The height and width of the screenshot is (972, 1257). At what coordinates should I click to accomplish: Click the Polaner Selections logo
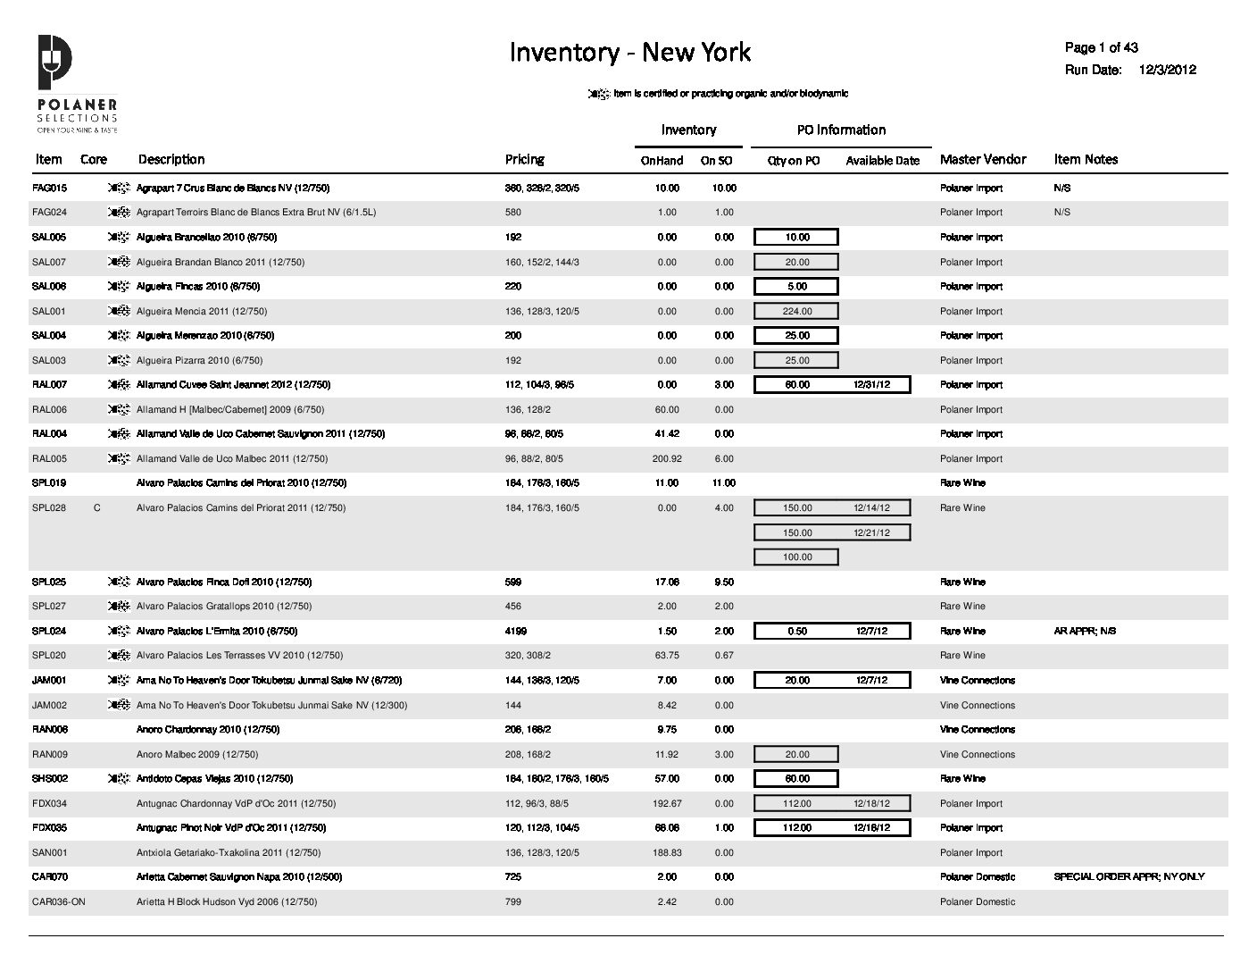(76, 83)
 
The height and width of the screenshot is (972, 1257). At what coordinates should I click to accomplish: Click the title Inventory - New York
(629, 53)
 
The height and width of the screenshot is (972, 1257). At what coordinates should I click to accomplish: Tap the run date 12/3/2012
(1168, 70)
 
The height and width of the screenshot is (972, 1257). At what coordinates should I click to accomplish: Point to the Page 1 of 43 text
(1101, 47)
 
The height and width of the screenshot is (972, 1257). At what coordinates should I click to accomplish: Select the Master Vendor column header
(983, 159)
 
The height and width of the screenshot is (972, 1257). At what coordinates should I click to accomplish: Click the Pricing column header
(524, 159)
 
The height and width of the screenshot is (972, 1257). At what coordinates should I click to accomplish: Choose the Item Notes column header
(1086, 159)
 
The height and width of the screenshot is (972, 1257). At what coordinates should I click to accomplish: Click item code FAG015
(49, 189)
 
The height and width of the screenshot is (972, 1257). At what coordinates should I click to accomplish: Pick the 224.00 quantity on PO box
(797, 312)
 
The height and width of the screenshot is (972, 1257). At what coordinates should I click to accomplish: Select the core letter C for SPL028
(96, 508)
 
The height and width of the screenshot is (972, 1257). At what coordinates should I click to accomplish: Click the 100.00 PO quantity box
(797, 557)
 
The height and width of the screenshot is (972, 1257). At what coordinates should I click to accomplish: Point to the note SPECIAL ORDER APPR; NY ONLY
(1128, 877)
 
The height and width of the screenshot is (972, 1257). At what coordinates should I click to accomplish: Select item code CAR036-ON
(58, 902)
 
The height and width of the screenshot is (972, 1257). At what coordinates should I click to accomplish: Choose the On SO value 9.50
(724, 582)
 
